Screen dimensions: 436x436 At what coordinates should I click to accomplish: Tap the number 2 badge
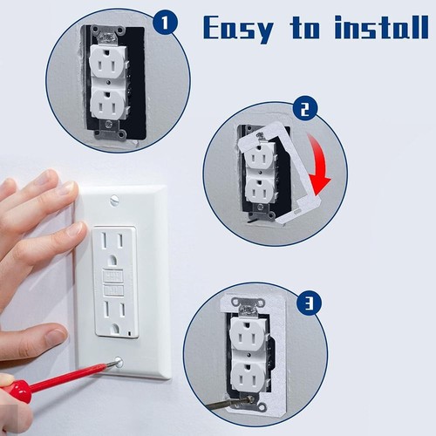pyautogui.click(x=305, y=110)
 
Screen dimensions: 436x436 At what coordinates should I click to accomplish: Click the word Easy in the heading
pyautogui.click(x=239, y=28)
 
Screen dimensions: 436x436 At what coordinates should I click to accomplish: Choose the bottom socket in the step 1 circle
pyautogui.click(x=109, y=104)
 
